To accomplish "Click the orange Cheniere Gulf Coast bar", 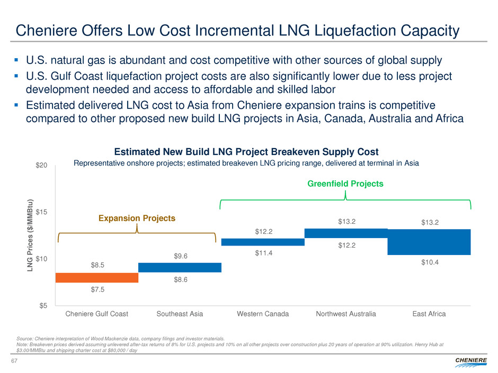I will point(97,278).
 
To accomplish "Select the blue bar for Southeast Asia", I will point(180,267).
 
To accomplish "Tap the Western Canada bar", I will point(263,242).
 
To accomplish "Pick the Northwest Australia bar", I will point(346,233).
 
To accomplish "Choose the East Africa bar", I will point(429,242).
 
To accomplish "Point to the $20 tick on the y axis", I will point(42,166).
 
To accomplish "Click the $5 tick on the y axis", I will point(44,305).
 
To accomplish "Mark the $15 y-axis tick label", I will point(42,212).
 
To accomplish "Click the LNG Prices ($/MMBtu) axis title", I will point(31,235).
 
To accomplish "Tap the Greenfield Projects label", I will point(345,184).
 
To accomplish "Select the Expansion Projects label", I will point(137,218).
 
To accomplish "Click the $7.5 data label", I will point(97,289).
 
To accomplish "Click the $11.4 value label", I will point(263,253).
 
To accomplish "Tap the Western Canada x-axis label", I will point(263,314).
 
